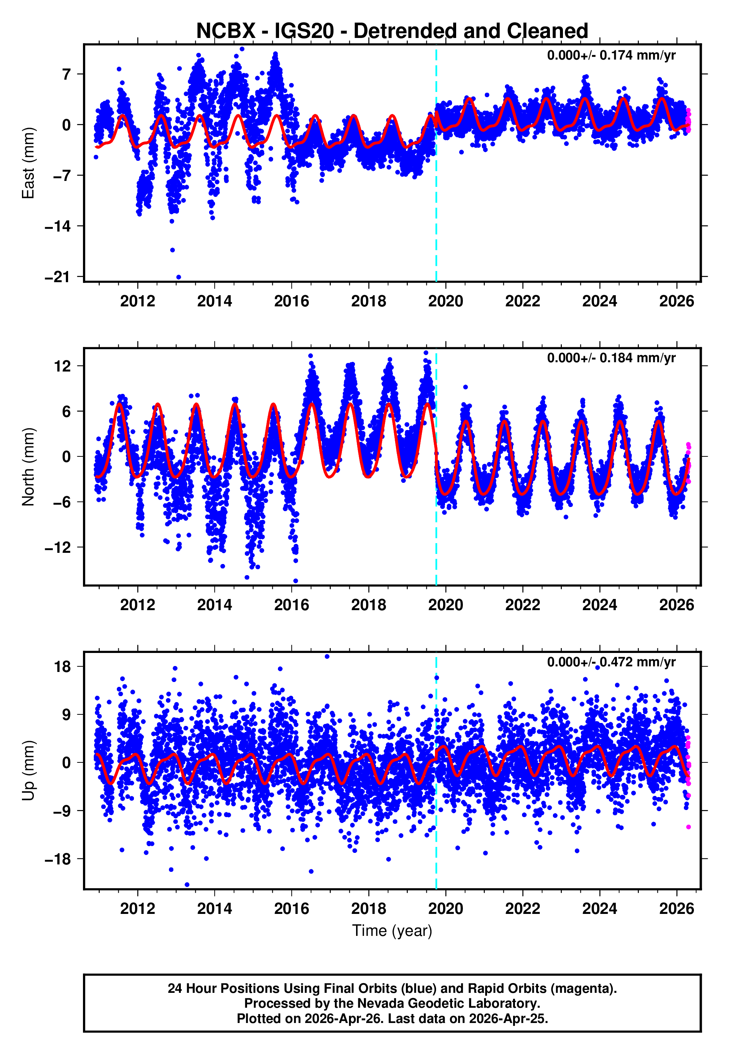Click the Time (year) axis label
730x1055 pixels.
point(392,931)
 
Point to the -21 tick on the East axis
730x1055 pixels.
point(58,277)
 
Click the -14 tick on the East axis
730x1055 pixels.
point(58,226)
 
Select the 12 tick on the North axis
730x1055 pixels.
point(62,366)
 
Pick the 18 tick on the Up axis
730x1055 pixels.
point(62,667)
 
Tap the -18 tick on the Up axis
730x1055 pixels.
point(58,859)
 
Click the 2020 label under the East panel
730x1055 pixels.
point(445,301)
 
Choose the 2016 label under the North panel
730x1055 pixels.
point(291,605)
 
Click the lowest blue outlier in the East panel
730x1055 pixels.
point(178,277)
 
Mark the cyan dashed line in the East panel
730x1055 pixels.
point(436,206)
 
